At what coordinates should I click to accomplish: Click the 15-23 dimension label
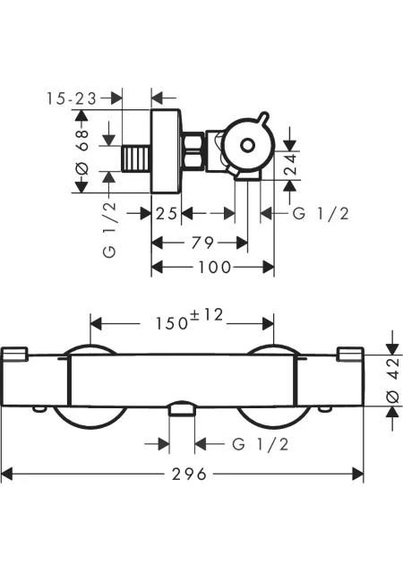72,98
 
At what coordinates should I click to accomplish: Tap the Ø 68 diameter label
82,151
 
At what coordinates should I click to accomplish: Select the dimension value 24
291,165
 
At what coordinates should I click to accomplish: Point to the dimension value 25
167,213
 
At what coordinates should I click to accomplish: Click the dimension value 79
202,243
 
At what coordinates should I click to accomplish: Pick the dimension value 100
215,268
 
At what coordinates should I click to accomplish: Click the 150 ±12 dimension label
190,320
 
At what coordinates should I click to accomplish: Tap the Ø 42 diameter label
393,380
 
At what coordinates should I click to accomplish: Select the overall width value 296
190,475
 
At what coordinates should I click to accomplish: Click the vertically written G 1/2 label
110,230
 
